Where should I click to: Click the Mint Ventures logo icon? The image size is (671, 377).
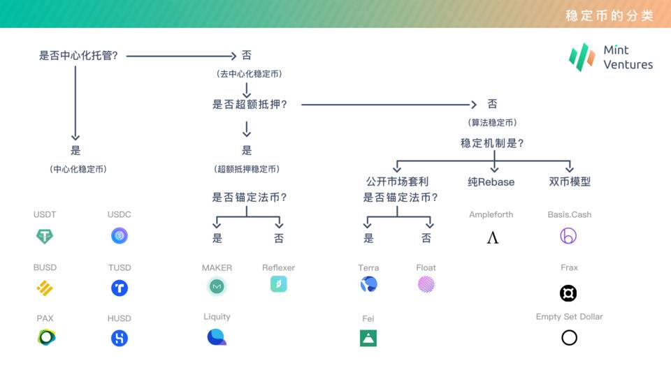582,57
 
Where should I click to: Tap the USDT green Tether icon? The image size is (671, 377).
45,237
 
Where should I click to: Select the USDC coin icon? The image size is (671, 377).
120,236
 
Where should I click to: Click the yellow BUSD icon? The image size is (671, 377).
45,288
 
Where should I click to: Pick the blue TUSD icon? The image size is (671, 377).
120,288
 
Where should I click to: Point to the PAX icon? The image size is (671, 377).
46,338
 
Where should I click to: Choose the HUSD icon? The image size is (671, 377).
120,338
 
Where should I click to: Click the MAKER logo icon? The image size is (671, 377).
217,286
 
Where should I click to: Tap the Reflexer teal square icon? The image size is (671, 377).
278,284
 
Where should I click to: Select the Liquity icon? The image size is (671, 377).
217,337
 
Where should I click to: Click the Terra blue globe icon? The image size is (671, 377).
368,284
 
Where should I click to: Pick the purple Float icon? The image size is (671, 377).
426,284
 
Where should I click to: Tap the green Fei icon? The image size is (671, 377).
368,338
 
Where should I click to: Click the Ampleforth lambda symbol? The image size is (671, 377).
492,238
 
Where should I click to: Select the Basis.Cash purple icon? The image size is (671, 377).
568,236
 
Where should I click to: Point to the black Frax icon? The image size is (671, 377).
568,293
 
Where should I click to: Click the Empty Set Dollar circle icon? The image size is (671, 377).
569,338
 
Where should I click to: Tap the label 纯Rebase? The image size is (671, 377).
491,182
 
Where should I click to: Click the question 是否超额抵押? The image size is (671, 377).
250,105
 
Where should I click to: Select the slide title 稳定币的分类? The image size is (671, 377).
608,15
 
